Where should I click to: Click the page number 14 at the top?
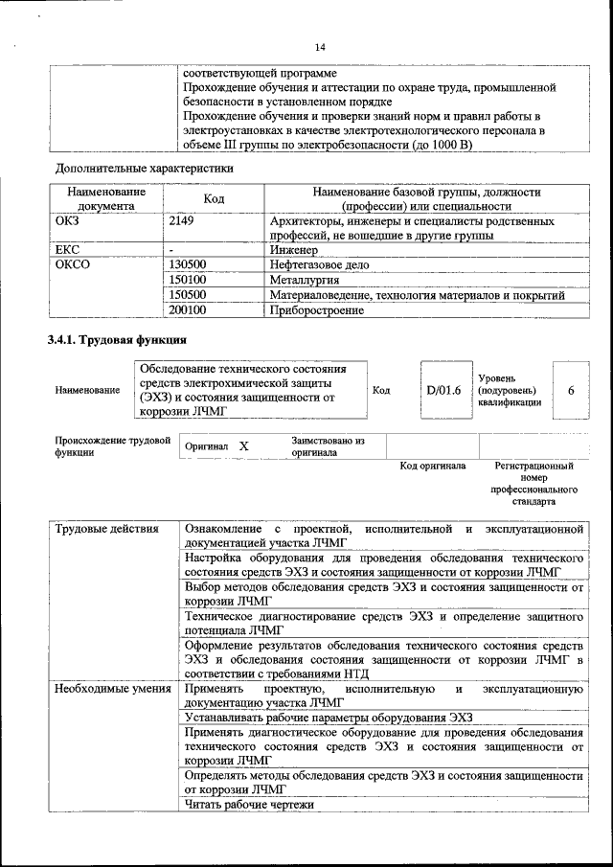320,48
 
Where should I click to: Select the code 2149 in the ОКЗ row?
181,221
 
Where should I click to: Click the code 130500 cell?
187,264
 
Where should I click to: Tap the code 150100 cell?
187,280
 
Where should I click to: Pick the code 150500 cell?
187,295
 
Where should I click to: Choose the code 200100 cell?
187,310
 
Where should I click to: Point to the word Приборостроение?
317,310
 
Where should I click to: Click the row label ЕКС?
68,249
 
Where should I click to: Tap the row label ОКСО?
73,264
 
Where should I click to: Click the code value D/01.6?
443,390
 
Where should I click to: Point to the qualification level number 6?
571,390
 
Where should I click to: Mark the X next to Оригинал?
243,446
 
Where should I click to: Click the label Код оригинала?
432,466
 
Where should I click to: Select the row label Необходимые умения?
112,688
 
